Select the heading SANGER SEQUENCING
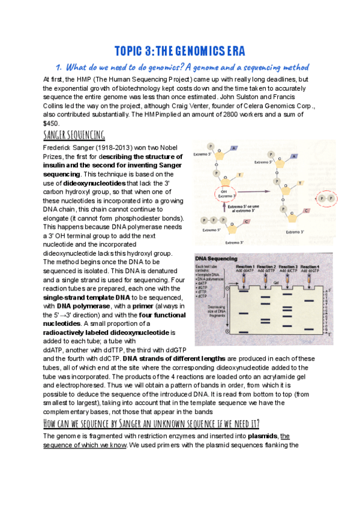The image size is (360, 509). point(74,134)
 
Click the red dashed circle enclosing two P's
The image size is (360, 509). point(326,197)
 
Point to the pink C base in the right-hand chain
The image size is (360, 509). point(306,211)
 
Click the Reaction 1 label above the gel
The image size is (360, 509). point(246,266)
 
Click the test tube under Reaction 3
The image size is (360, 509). point(287,279)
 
